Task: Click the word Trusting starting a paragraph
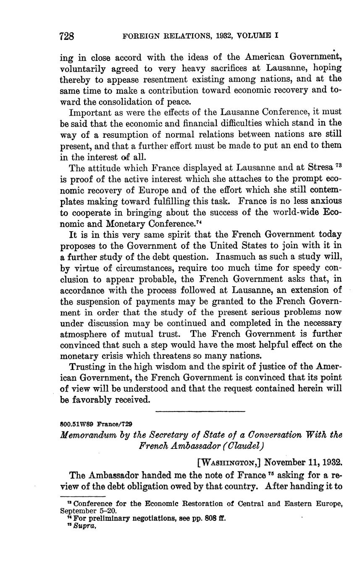pos(87,366)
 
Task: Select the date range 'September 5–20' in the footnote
pos(89,511)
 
